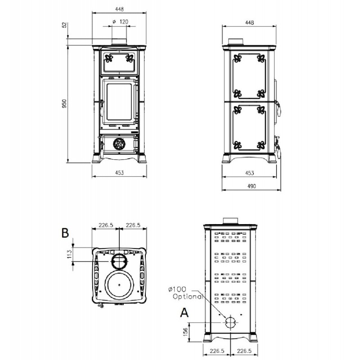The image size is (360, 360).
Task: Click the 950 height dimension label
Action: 64,104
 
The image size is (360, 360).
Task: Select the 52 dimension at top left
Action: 64,25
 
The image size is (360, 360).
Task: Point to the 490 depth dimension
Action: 252,186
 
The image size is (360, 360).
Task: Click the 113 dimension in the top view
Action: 70,254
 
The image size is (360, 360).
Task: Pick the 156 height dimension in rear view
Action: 185,332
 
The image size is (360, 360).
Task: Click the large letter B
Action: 65,233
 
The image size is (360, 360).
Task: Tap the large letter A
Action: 184,312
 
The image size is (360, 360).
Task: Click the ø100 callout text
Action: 177,289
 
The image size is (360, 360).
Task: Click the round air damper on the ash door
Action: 119,144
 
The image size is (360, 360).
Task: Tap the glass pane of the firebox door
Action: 119,102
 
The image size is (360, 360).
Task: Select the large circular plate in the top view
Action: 119,285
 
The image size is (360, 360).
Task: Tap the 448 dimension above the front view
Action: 119,9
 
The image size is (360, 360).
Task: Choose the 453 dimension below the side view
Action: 249,173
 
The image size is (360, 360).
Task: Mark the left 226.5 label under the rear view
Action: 217,351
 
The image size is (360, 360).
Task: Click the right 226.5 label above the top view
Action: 133,225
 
